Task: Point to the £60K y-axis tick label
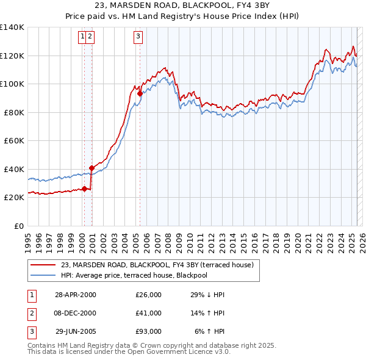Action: point(14,140)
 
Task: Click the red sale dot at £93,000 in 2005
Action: point(140,94)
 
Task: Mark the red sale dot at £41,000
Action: point(91,168)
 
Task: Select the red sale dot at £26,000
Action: point(84,189)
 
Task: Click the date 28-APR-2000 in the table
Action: point(76,295)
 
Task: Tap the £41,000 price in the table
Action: point(148,313)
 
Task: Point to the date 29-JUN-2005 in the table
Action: point(76,331)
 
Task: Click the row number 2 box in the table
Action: point(30,313)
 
